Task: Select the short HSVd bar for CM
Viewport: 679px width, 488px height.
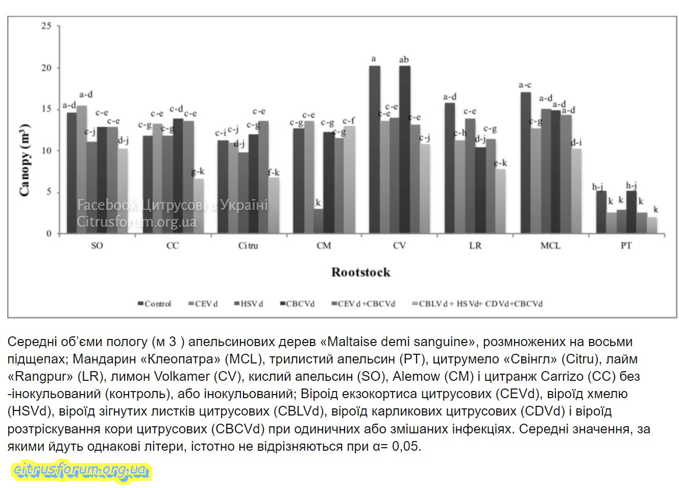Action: tap(319, 221)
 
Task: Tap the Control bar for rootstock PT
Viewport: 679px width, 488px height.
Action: tap(601, 212)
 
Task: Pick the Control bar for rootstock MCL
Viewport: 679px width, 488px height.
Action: tap(526, 163)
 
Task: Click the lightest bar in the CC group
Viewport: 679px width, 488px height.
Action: tap(198, 206)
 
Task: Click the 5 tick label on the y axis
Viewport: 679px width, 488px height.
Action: tap(49, 192)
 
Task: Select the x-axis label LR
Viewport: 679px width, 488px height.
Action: tap(475, 246)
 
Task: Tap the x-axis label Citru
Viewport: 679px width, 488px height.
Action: tap(248, 246)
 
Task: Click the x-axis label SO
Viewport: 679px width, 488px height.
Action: tap(96, 246)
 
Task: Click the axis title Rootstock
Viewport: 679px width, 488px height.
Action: tap(360, 273)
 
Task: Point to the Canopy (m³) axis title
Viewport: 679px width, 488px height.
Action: tap(25, 160)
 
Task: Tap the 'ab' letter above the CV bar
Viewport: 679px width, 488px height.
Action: tap(404, 60)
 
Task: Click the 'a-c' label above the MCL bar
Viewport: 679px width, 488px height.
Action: tap(525, 85)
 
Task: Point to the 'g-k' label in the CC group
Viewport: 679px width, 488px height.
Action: tap(198, 172)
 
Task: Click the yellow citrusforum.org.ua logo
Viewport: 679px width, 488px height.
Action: tap(81, 470)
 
